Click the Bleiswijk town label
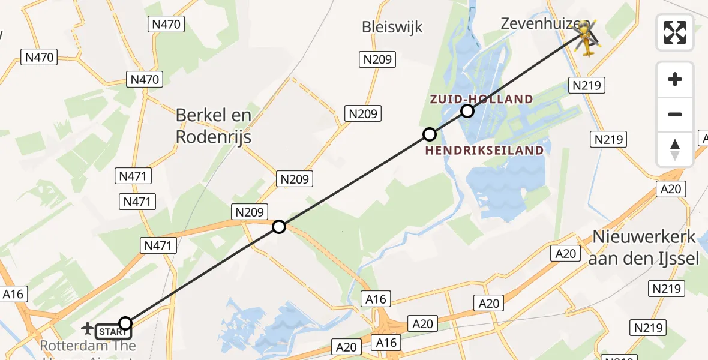(x=392, y=27)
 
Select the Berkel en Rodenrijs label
(x=213, y=126)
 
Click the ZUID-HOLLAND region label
(x=481, y=99)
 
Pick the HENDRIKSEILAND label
(x=485, y=150)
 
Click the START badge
(x=112, y=331)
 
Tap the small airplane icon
(x=88, y=328)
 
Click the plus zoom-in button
(x=675, y=79)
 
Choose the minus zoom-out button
(x=675, y=114)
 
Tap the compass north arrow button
(x=675, y=149)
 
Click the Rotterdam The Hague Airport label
(x=88, y=347)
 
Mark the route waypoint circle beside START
(x=125, y=324)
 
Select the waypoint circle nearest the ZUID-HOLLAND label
(x=467, y=111)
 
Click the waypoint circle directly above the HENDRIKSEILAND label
(x=429, y=134)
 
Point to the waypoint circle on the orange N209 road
(x=279, y=226)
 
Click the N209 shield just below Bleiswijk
(x=377, y=59)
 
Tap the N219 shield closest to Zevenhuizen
(x=587, y=86)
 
